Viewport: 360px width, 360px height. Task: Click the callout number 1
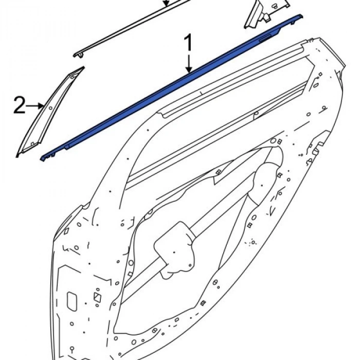point(188,43)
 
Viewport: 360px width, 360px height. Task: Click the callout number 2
point(19,105)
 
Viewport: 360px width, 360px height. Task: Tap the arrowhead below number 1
point(189,69)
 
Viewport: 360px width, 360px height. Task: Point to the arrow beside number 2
point(34,106)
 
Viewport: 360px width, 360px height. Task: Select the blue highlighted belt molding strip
point(171,88)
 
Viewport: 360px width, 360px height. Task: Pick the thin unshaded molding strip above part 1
point(131,27)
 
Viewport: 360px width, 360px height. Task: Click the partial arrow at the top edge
point(166,3)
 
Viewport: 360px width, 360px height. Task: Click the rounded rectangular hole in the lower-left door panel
point(71,301)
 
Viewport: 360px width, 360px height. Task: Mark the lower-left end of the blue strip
point(41,159)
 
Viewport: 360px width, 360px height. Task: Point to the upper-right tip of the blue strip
point(301,16)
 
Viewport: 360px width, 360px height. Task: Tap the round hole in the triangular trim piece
point(50,108)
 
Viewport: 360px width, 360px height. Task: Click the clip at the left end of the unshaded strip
point(79,55)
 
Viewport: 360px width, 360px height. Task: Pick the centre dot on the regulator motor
point(174,253)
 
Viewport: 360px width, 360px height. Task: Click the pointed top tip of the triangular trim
point(83,67)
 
